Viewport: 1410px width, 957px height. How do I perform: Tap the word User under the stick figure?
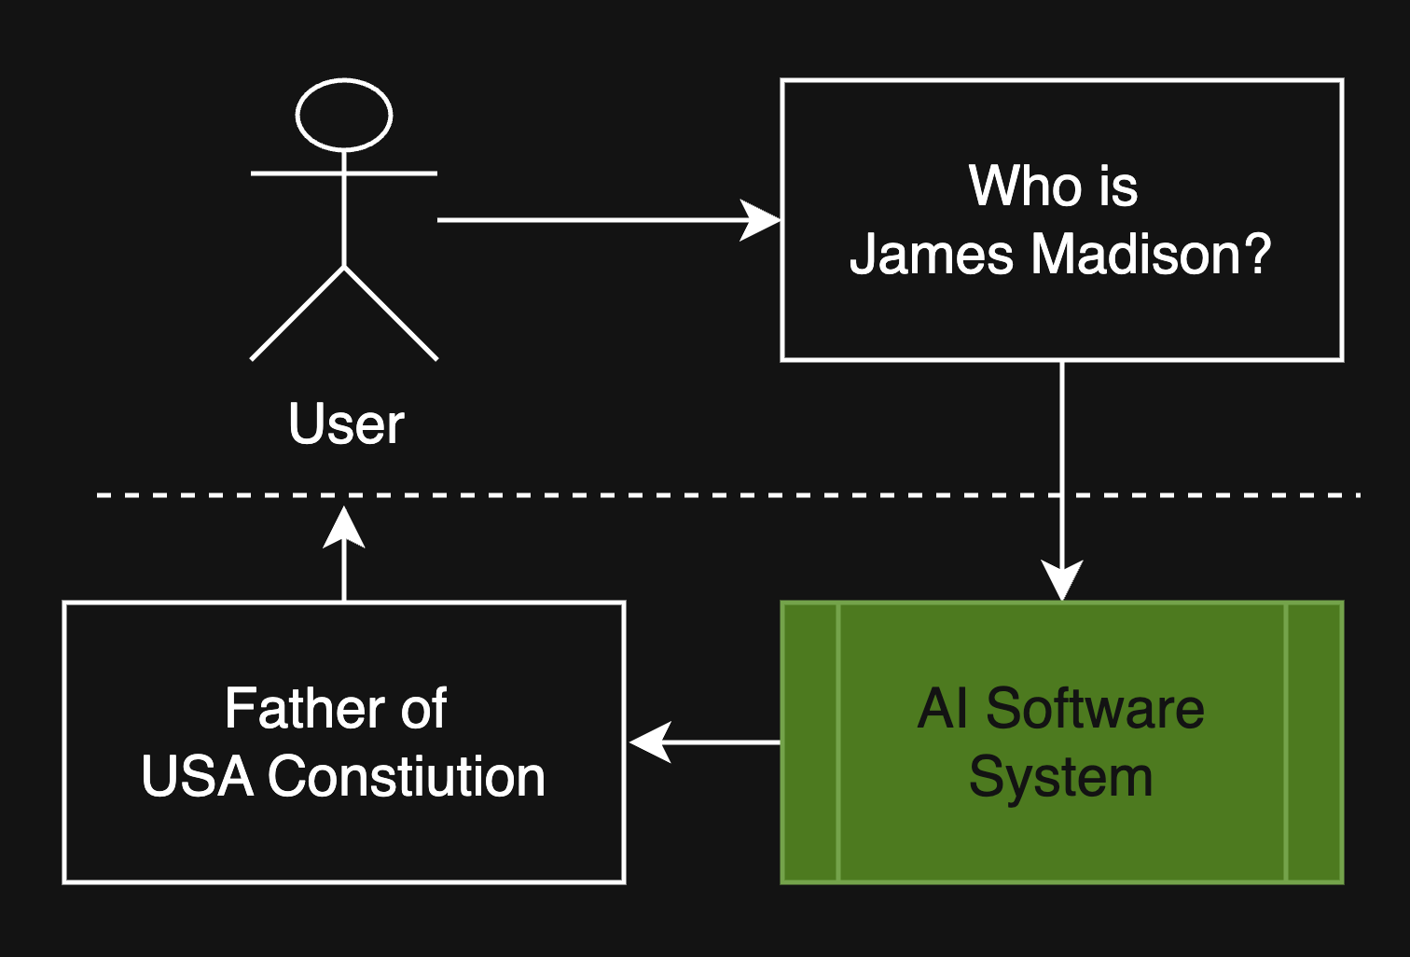tap(346, 423)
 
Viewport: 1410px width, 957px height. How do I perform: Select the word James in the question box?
tap(931, 254)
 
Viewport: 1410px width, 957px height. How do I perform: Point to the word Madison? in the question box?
tap(1152, 254)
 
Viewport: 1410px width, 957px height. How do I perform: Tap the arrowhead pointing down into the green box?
tap(1062, 580)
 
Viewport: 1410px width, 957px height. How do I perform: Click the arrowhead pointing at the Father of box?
tap(650, 742)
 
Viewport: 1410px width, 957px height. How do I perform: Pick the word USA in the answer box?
tap(198, 776)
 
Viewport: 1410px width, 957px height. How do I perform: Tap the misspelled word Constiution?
tap(407, 776)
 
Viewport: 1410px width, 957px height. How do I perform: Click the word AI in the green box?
tap(942, 708)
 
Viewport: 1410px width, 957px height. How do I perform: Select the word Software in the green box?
tap(1095, 708)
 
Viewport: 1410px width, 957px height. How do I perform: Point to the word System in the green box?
tap(1061, 779)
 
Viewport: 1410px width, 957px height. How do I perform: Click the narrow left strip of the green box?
tap(810, 742)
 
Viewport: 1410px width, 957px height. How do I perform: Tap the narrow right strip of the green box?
tap(1314, 742)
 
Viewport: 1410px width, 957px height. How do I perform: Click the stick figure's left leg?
tap(297, 313)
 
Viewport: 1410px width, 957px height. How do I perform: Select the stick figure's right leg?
tap(391, 313)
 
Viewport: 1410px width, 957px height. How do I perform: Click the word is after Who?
tap(1118, 187)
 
